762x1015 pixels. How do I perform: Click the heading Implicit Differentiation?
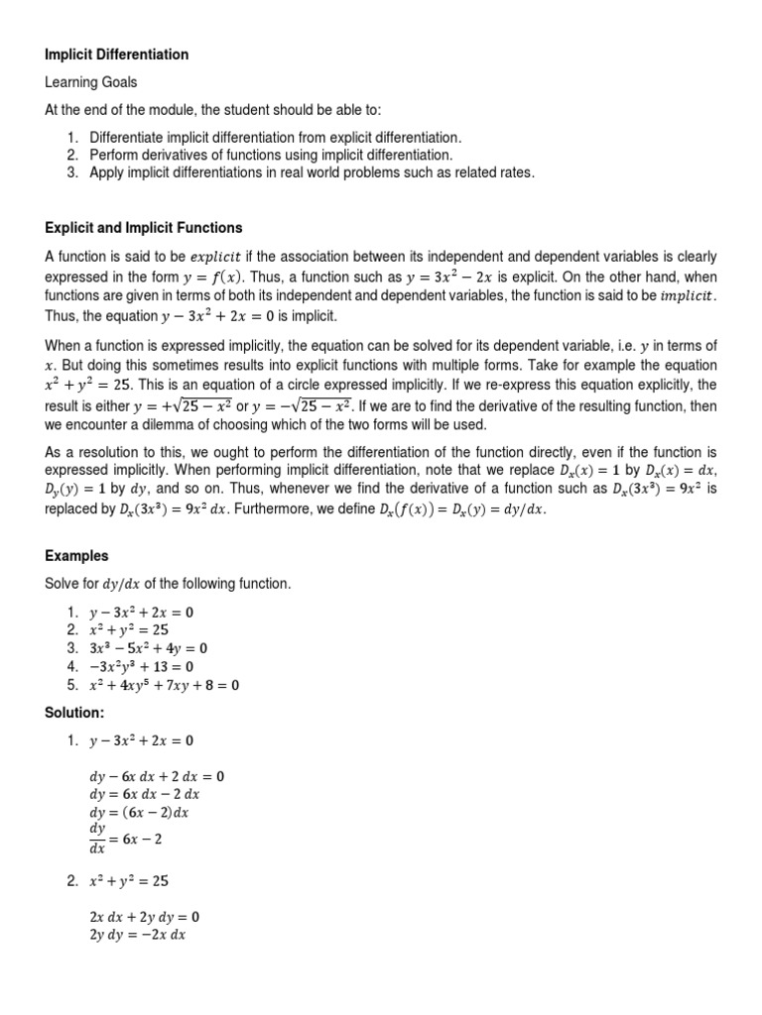point(115,55)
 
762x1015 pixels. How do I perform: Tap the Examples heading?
point(76,556)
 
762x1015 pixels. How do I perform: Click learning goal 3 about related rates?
point(312,172)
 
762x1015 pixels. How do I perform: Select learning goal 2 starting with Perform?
point(270,155)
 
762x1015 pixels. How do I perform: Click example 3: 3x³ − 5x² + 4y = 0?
point(149,648)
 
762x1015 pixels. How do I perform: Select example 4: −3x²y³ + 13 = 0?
point(142,666)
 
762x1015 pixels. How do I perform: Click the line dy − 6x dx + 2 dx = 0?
point(157,776)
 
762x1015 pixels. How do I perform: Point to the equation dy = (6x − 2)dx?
point(139,812)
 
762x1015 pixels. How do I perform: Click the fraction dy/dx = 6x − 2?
point(126,838)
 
